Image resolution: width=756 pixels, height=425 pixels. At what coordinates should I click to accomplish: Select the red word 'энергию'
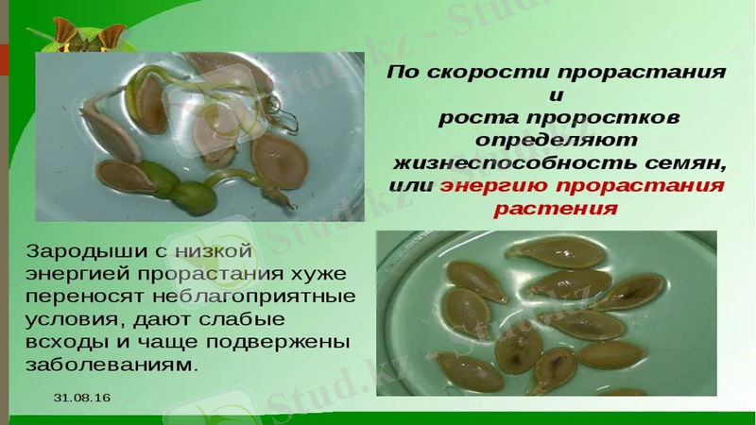[x=496, y=185]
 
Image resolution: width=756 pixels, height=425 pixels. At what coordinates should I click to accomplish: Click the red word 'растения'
[x=555, y=208]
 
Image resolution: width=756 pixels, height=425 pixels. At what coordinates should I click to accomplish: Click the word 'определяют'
[x=555, y=140]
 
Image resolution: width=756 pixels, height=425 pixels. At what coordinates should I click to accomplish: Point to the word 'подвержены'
[x=290, y=341]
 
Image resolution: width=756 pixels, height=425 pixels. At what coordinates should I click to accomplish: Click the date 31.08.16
[x=82, y=398]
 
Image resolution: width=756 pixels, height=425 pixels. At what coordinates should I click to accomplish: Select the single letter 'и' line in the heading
[x=555, y=95]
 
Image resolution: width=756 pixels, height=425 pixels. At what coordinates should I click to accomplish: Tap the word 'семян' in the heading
[x=691, y=162]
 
